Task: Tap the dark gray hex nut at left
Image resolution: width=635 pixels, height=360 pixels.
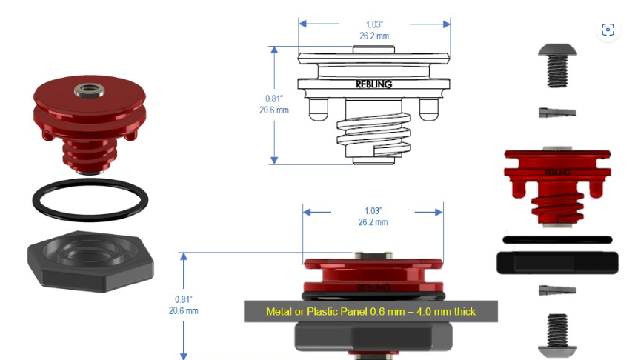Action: pos(90,261)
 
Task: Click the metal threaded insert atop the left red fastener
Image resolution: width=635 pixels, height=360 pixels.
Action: pos(89,90)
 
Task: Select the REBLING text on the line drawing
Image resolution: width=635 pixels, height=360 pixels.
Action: pos(373,84)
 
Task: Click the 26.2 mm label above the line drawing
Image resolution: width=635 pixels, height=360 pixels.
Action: pos(374,36)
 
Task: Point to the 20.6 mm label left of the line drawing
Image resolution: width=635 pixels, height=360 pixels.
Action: pos(274,110)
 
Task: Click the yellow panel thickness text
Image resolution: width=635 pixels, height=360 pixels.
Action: pos(370,311)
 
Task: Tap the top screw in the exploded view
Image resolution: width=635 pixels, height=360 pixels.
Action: pos(557,66)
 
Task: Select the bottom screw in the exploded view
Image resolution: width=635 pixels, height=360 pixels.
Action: pos(557,333)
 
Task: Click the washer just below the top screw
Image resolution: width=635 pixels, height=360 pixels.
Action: pos(557,113)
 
